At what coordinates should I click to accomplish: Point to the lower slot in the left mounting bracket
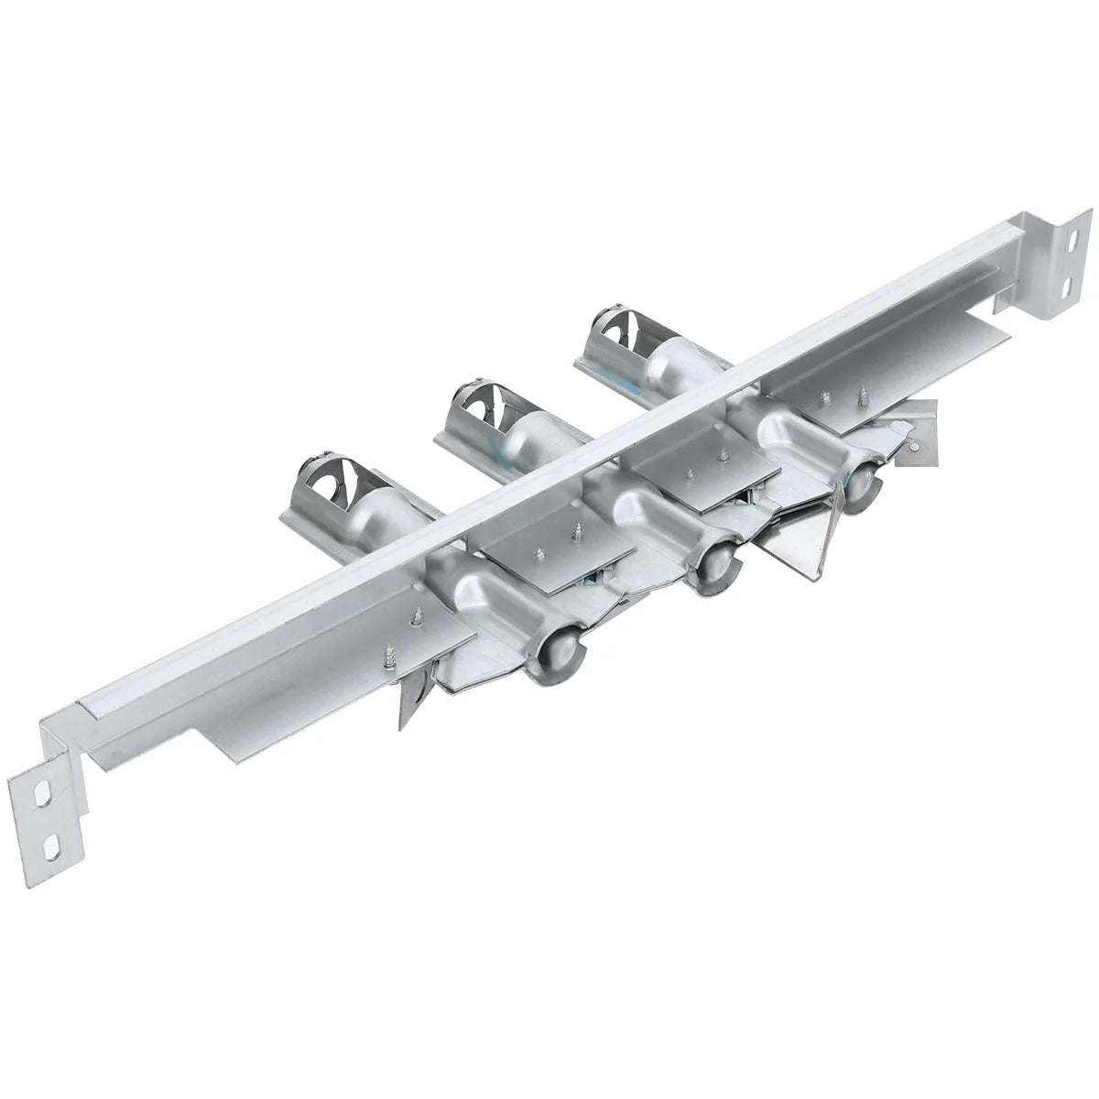click(x=56, y=842)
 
